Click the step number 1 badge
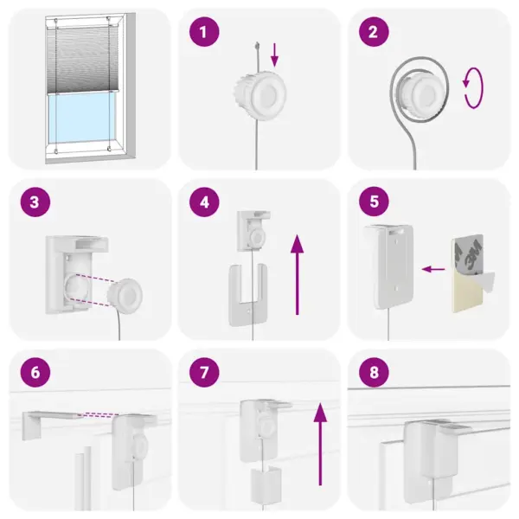point(204,33)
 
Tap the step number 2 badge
point(374,33)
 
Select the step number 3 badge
point(34,203)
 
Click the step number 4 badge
point(204,203)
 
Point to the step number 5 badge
point(374,203)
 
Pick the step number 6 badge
point(34,373)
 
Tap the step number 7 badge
point(204,373)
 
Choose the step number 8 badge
point(374,373)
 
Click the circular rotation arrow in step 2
point(473,91)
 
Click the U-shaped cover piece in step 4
point(247,294)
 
